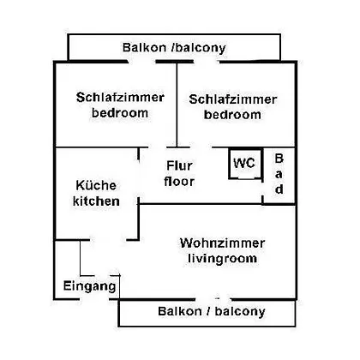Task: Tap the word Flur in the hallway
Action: [179, 165]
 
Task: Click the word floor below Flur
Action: [179, 181]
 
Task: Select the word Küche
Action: [96, 185]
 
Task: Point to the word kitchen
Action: [96, 201]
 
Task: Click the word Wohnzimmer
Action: [222, 243]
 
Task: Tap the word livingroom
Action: [222, 259]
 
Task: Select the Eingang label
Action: [90, 286]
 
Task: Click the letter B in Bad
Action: [279, 159]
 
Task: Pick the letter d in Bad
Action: [279, 189]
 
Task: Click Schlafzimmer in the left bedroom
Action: [120, 98]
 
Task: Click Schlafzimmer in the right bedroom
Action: [232, 99]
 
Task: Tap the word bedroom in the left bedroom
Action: [120, 113]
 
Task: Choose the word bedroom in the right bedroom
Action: [232, 115]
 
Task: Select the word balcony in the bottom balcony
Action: [240, 311]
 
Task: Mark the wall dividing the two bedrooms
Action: [177, 105]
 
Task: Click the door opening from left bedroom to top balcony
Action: [141, 62]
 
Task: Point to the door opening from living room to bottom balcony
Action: [213, 299]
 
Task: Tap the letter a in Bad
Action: [279, 174]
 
